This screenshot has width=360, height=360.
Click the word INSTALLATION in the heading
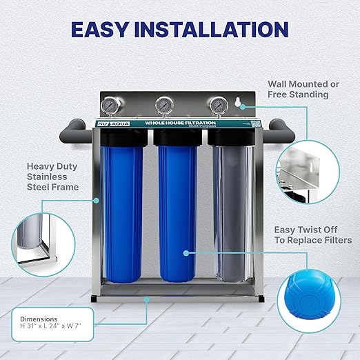click(x=219, y=30)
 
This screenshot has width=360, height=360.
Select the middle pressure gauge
click(x=164, y=106)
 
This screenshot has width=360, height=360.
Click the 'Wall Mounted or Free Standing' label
click(x=303, y=89)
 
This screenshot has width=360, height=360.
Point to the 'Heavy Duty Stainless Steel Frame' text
click(x=53, y=177)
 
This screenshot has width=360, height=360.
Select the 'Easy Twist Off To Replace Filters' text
click(x=313, y=234)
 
